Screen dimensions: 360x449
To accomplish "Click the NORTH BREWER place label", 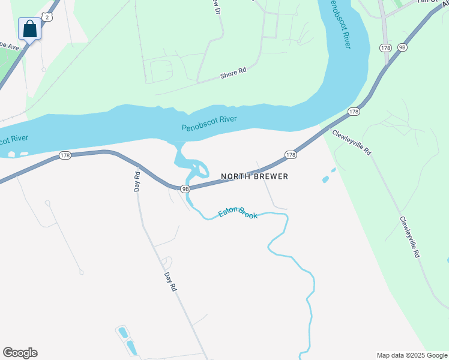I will point(255,176).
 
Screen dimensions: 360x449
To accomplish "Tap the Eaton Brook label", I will point(238,212).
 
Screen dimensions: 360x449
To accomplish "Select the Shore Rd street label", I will point(234,72).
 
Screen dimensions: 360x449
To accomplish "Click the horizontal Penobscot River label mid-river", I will point(209,124).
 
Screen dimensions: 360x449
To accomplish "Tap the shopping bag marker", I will point(30,28).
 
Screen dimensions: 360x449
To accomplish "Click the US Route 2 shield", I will point(48,17).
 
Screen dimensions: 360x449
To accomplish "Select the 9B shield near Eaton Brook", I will point(185,188).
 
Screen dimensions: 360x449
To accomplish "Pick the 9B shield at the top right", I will point(402,47).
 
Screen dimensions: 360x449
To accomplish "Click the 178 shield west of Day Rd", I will point(65,155).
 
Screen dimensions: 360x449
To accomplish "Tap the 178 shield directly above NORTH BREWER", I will point(291,155).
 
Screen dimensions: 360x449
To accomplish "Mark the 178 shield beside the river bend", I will point(354,112).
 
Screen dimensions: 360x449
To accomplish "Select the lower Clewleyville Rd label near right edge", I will point(409,238).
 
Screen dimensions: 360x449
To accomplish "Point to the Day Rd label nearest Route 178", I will point(137,182).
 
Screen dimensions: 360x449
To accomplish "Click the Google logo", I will point(20,353).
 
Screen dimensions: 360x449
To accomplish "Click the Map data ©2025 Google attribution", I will point(412,355).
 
